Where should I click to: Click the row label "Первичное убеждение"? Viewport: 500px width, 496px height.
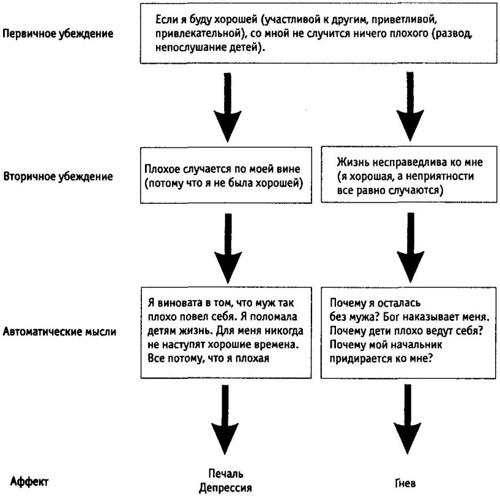coord(58,33)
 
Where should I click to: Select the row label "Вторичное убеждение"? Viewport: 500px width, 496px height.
coord(58,177)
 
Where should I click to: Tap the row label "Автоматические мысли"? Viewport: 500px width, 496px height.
coord(61,331)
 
